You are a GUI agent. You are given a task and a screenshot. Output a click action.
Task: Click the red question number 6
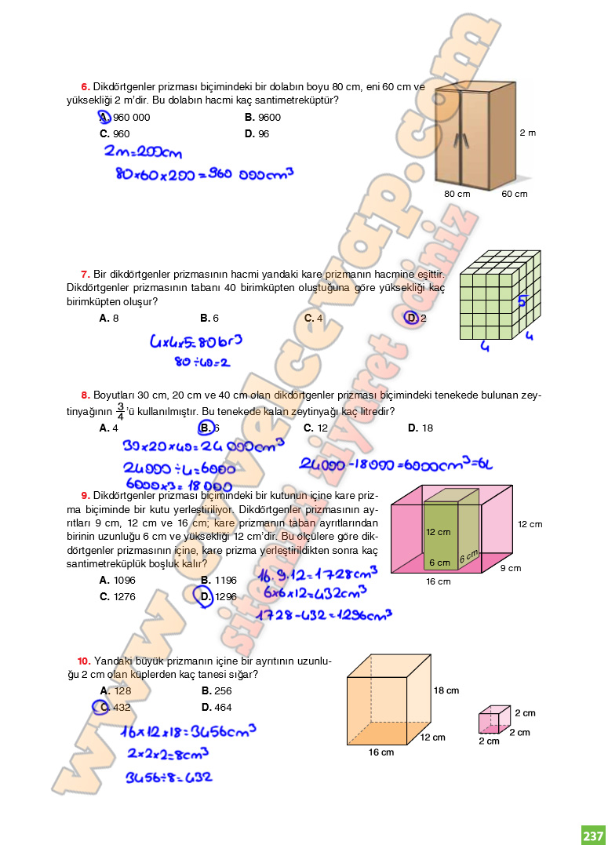(x=85, y=86)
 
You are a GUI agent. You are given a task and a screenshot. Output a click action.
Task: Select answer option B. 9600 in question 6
(x=263, y=118)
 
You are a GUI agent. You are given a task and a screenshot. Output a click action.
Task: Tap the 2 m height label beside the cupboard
(x=527, y=133)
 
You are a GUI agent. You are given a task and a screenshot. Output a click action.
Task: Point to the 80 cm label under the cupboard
(x=457, y=194)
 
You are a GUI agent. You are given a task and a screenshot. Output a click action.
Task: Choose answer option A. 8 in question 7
(x=109, y=319)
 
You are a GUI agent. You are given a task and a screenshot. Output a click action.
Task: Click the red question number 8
(x=85, y=395)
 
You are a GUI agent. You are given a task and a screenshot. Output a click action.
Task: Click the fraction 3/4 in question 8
(x=120, y=411)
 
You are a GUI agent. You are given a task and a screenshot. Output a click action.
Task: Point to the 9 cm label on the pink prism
(x=510, y=568)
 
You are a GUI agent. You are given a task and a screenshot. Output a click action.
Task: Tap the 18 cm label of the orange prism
(x=446, y=690)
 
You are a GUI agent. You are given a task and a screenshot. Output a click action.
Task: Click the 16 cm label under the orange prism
(x=381, y=752)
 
